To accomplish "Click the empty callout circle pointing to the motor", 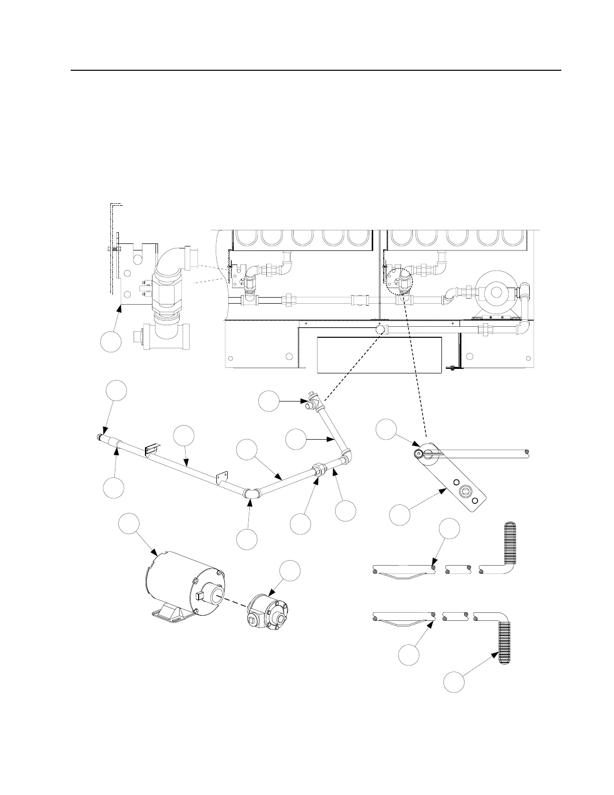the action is [129, 524].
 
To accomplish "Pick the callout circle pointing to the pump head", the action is [290, 572].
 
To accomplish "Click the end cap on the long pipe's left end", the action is [101, 438].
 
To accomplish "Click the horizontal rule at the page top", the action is [316, 70].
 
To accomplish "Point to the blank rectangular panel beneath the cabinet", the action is [379, 355].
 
